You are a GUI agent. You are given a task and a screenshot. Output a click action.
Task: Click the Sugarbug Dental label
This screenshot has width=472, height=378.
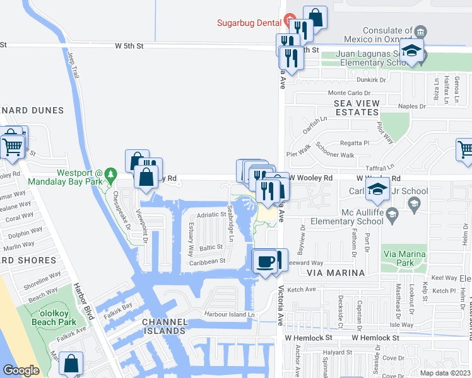(249, 23)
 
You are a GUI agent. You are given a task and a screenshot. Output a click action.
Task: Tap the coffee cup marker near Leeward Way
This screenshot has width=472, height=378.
(266, 261)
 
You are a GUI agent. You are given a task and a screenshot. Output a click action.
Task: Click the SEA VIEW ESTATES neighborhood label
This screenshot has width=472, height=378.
(357, 108)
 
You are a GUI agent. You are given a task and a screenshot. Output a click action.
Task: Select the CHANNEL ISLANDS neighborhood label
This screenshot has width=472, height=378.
(165, 327)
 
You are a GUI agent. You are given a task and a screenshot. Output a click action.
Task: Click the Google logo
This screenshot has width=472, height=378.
(21, 370)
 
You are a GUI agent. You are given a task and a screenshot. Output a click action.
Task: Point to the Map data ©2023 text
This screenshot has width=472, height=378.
(445, 372)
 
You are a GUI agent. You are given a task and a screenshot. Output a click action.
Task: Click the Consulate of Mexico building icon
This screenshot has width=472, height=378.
(420, 31)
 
